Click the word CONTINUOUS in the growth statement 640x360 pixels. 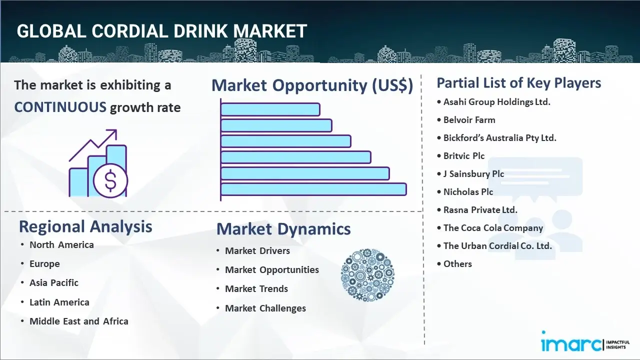tap(60, 107)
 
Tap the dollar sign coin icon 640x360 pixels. tap(110, 181)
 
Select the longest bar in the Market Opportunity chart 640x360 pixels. tap(313, 189)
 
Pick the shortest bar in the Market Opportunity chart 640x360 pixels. tap(270, 109)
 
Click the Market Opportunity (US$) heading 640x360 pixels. tap(312, 85)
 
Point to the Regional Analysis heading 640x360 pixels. tap(85, 227)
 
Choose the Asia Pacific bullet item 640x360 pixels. tap(53, 283)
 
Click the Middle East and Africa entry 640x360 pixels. tap(79, 321)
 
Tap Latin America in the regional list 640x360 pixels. tap(59, 302)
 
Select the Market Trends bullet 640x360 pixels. tap(256, 289)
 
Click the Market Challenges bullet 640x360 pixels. tap(265, 308)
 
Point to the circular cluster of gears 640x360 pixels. tap(367, 275)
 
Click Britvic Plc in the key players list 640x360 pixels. tap(464, 156)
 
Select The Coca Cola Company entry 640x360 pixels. tap(493, 228)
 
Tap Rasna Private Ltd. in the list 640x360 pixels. tap(480, 210)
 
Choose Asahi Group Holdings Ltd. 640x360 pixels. tap(497, 102)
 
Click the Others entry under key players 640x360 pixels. tap(457, 264)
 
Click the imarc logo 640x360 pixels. tap(585, 341)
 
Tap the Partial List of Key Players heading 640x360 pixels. tap(519, 83)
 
